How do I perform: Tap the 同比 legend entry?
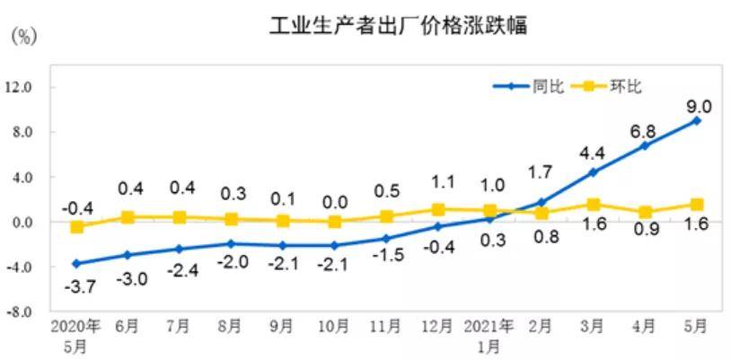[x=547, y=87]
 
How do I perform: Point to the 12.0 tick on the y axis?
[x=19, y=88]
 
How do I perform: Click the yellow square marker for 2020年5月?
[x=77, y=227]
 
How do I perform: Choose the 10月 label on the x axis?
[x=335, y=325]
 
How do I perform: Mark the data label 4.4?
[x=593, y=153]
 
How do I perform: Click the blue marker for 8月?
[x=232, y=243]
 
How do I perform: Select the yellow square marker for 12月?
[x=438, y=210]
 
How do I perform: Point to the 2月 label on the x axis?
[x=542, y=325]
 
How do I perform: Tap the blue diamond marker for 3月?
[x=594, y=172]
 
